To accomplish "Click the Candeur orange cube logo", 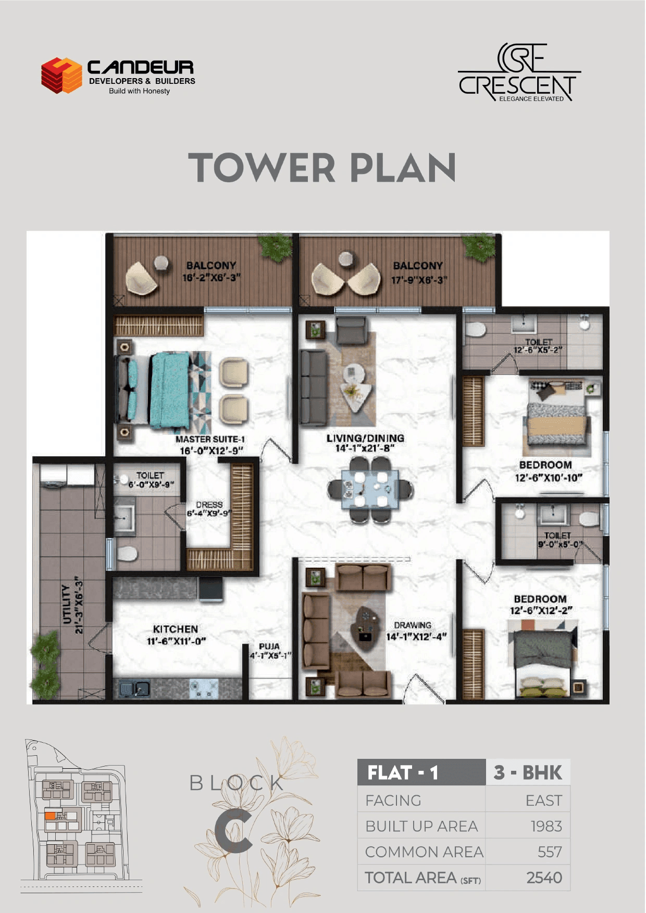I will [62, 76].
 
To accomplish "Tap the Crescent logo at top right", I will [519, 73].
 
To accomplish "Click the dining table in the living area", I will [370, 489].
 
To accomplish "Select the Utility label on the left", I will [67, 604].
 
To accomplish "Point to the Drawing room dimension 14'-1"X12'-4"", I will [416, 636].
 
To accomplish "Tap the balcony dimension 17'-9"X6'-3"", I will [419, 280].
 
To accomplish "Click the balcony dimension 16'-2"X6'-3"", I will [212, 278].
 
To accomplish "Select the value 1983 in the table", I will [546, 826].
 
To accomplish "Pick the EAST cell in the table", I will [543, 801].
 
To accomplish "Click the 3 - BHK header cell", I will [528, 772].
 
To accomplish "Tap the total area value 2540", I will [544, 878].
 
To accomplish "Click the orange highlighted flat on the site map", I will [50, 816].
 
